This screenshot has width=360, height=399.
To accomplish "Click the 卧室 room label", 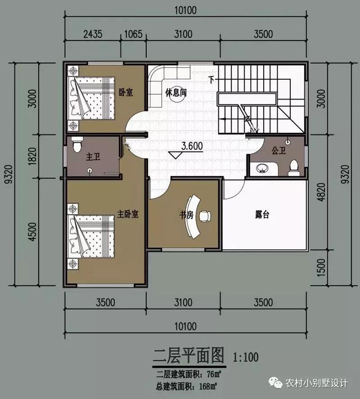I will pyautogui.click(x=125, y=92).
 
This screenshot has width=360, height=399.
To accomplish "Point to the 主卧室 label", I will pyautogui.click(x=128, y=214).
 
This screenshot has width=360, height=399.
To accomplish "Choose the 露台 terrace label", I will pyautogui.click(x=262, y=214).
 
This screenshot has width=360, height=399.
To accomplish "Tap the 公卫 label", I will pyautogui.click(x=279, y=151).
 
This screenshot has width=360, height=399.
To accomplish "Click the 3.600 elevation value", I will pyautogui.click(x=192, y=146).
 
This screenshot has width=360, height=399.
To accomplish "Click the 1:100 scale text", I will pyautogui.click(x=245, y=357).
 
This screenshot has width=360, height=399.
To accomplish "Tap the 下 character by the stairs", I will pyautogui.click(x=211, y=79).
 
